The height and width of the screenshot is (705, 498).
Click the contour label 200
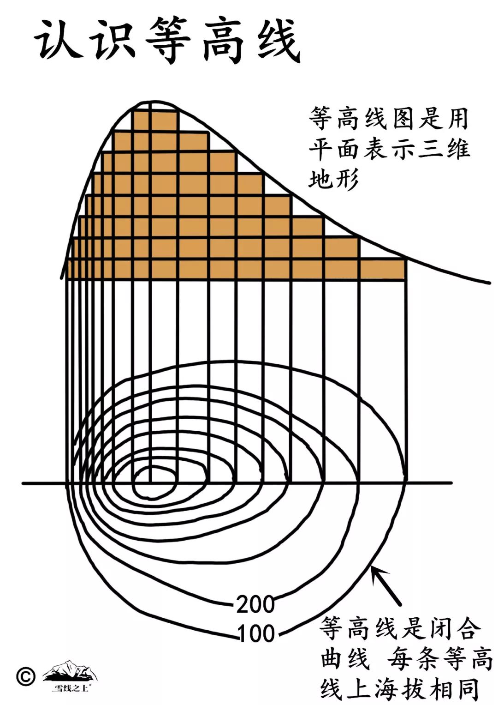255,604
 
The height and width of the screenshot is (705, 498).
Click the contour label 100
256,633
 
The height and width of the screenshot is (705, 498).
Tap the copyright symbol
26,676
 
